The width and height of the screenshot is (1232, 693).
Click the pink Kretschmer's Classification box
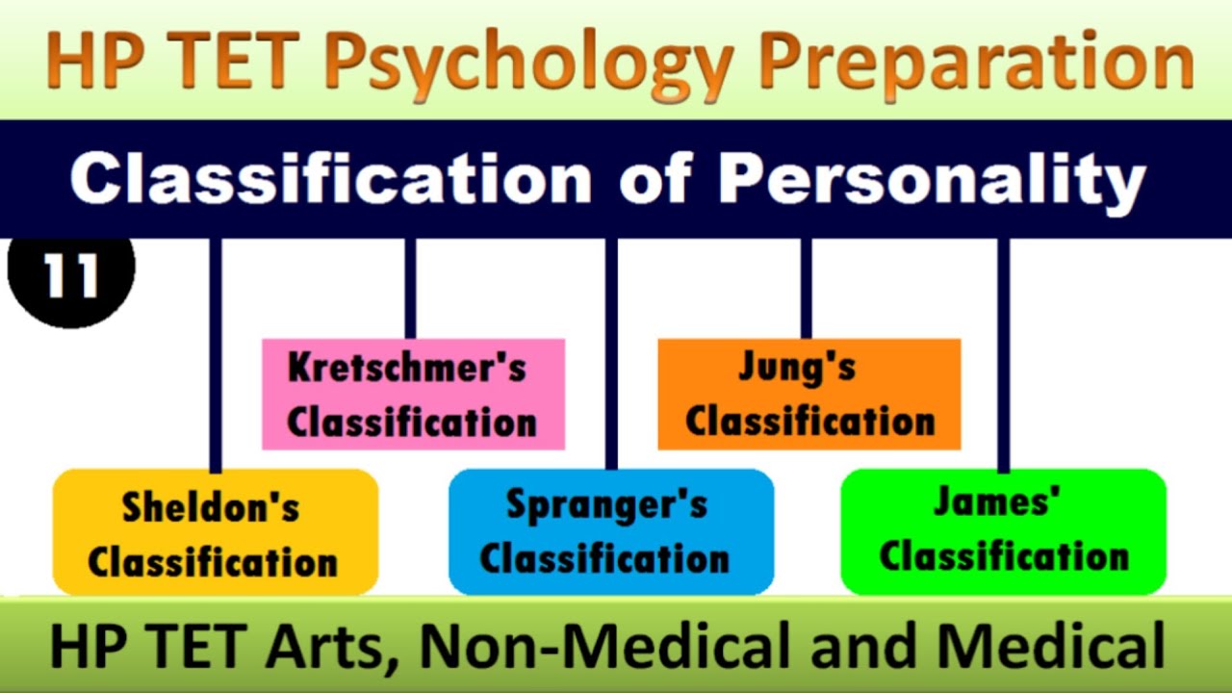[413, 394]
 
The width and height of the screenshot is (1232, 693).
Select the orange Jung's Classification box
[808, 394]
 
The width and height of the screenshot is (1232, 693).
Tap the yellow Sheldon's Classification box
[215, 532]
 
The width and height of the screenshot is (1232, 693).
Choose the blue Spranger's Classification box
[611, 531]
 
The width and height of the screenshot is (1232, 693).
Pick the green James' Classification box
[1003, 531]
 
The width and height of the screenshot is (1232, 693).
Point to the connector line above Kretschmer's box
[411, 289]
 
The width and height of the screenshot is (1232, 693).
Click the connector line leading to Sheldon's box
[216, 356]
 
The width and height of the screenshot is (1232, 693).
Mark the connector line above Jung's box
[807, 289]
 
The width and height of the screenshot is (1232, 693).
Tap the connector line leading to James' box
[1004, 356]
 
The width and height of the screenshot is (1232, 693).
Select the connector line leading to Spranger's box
[611, 356]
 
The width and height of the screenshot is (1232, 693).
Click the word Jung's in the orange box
[797, 368]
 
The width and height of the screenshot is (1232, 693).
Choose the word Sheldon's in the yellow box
[211, 508]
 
